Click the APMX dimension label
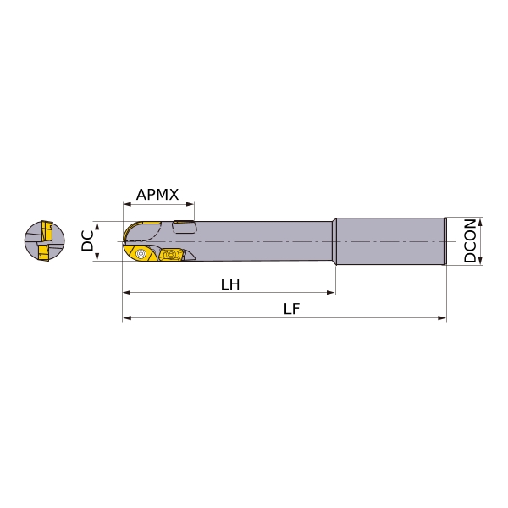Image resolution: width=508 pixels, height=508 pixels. tap(157, 195)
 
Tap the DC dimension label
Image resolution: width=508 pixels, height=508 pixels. tap(87, 240)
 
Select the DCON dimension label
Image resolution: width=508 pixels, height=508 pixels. tap(470, 240)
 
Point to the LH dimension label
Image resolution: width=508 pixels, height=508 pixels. tap(230, 284)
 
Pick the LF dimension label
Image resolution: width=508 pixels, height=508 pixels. tap(291, 309)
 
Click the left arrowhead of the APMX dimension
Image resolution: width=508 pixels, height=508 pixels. tap(127, 204)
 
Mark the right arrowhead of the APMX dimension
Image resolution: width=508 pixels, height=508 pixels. tap(190, 204)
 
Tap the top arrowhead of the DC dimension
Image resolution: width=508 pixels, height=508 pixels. tap(97, 226)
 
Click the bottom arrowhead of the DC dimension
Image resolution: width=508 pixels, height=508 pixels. tap(97, 257)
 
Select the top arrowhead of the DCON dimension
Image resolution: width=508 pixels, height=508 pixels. tap(480, 222)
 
